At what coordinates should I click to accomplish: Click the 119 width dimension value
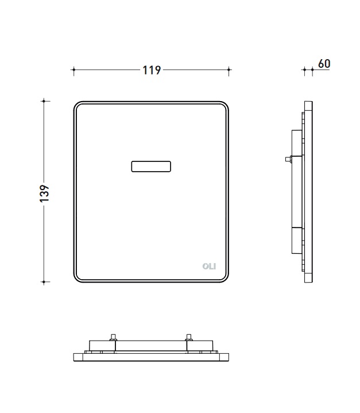(x=152, y=70)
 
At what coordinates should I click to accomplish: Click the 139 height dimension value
(x=45, y=194)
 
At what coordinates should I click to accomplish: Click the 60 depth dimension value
(x=324, y=64)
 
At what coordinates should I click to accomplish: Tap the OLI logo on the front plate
(x=209, y=267)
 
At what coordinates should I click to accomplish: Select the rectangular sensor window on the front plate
(x=151, y=167)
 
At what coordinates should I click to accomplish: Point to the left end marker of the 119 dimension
(x=73, y=70)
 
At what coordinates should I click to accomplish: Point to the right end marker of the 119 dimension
(x=229, y=70)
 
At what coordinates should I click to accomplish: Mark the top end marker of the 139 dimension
(x=44, y=101)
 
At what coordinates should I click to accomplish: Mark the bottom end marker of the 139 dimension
(x=44, y=282)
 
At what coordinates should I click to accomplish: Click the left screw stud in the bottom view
(x=113, y=338)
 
